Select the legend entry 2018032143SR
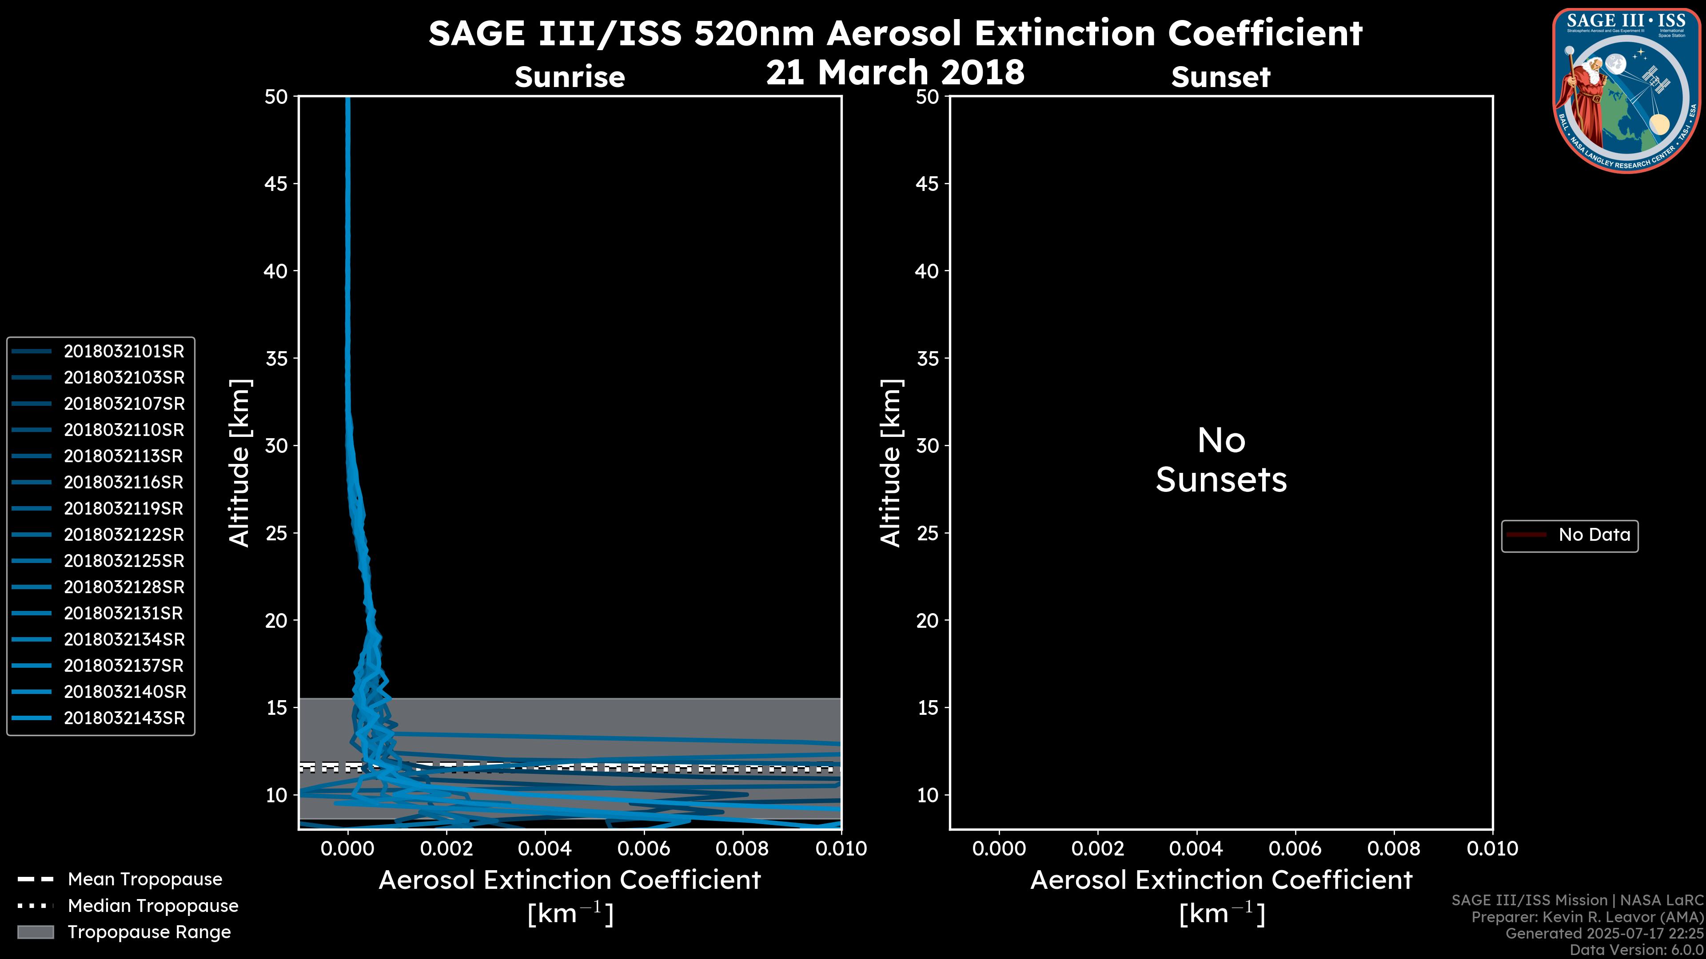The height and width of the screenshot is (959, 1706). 124,718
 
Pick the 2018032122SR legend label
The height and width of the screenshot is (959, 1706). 124,535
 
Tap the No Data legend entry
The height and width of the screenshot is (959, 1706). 1594,535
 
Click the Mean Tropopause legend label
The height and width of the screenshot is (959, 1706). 145,880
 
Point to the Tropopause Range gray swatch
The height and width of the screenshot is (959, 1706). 36,932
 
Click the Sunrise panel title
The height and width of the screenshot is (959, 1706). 570,77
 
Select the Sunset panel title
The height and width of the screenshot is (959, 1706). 1220,77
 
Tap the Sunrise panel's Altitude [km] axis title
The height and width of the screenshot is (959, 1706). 239,463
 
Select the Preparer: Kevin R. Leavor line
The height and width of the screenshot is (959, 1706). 1587,917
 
